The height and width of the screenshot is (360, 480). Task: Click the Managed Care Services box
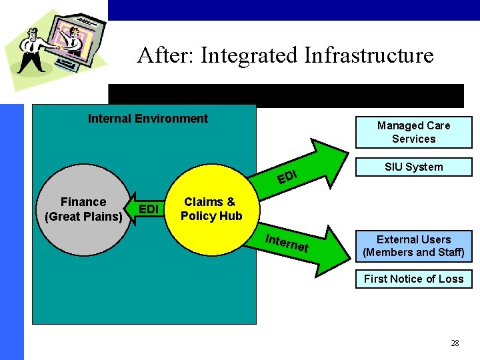[413, 132]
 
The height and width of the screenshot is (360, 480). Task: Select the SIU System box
[413, 167]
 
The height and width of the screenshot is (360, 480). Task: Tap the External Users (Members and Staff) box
[413, 246]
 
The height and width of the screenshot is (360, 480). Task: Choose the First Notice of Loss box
[413, 279]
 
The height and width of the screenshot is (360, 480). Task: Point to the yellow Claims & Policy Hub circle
[211, 209]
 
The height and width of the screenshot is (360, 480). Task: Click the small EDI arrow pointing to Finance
[147, 210]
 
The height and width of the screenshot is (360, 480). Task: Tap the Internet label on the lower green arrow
[287, 243]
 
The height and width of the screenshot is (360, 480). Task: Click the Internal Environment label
[148, 119]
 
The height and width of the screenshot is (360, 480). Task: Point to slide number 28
[455, 343]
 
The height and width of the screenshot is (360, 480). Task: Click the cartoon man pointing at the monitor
[30, 50]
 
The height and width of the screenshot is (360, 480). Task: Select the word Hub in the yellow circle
[229, 216]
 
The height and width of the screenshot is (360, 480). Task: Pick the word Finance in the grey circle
[83, 202]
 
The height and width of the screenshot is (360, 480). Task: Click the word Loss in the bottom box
[451, 279]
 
